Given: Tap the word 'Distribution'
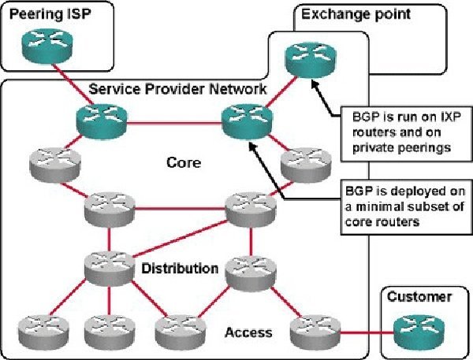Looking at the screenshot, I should pyautogui.click(x=180, y=269).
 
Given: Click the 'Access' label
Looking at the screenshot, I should pyautogui.click(x=248, y=332).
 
